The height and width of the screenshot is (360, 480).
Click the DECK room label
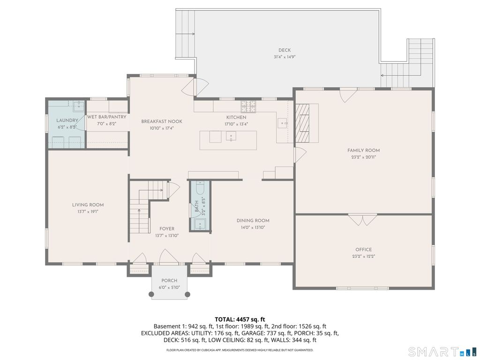(285, 50)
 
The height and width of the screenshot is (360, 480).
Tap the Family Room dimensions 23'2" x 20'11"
(363, 157)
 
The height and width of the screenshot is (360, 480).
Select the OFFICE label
(364, 249)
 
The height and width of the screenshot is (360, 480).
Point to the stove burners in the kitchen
(248, 106)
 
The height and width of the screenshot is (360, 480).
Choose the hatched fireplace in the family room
(302, 123)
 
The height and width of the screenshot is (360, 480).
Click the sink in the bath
(200, 225)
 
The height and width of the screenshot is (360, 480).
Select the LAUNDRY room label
(67, 120)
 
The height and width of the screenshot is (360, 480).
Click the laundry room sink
(79, 106)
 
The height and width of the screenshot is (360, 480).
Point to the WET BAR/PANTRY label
(106, 117)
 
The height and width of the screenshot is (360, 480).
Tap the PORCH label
(169, 280)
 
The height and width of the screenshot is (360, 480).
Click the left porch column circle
(151, 294)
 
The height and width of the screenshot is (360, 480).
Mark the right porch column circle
(187, 294)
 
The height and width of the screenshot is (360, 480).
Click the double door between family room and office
(363, 219)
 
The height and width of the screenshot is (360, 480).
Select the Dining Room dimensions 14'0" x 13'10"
(253, 227)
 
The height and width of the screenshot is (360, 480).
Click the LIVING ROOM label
(88, 205)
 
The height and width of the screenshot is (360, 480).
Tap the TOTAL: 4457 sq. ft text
(240, 320)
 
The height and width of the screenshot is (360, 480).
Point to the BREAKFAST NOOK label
(162, 121)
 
